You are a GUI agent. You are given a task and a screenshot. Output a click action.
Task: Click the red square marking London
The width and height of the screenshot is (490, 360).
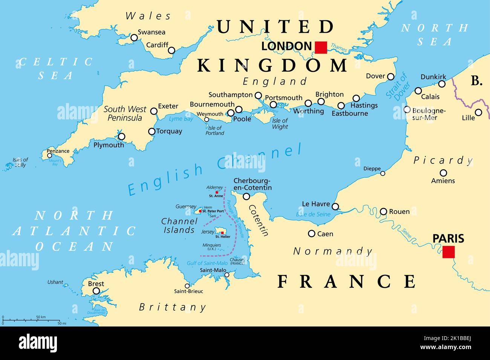(x=321, y=47)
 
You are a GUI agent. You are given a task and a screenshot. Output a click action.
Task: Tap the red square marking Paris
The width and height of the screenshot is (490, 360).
(x=449, y=252)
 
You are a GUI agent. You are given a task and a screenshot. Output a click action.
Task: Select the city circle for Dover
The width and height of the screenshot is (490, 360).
(x=392, y=76)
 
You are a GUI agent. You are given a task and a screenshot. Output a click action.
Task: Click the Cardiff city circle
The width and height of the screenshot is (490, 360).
(x=172, y=50)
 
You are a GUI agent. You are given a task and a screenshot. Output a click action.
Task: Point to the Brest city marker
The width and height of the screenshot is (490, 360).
(x=96, y=291)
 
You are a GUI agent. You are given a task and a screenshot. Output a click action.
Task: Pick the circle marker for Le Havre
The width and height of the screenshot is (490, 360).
(x=335, y=206)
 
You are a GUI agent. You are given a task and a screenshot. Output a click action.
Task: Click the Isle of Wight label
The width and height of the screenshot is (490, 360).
(x=280, y=124)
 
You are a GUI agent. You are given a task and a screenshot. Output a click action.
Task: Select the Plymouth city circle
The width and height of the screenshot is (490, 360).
(x=121, y=137)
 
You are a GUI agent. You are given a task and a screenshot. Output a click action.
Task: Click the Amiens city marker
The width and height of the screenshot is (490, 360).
(x=444, y=173)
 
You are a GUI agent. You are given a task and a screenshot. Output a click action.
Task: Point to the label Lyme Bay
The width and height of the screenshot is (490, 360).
(x=181, y=119)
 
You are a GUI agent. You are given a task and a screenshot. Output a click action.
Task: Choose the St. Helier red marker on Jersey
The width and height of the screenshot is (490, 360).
(x=222, y=233)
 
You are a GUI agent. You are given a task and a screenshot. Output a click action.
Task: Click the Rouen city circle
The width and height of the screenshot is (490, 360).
(x=383, y=211)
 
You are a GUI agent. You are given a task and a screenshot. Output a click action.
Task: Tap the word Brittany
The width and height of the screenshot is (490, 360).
(x=173, y=307)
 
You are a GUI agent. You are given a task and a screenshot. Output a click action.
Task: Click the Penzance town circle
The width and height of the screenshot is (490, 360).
(x=49, y=156)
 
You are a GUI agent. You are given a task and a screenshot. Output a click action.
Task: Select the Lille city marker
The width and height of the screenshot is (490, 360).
(x=478, y=112)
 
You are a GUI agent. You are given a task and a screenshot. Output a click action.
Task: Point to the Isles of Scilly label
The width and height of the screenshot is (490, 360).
(x=20, y=162)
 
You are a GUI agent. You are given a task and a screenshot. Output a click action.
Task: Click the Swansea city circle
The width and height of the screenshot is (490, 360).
(x=134, y=38)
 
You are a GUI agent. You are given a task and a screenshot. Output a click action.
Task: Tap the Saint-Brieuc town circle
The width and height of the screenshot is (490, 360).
(x=187, y=286)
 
